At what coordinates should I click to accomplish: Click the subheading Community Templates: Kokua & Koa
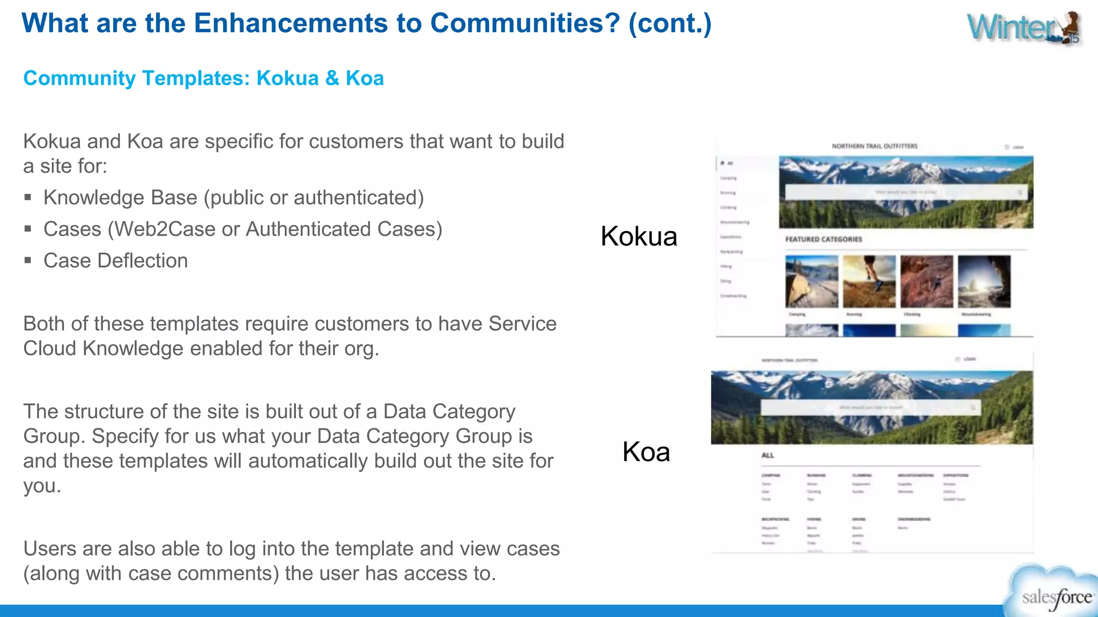tap(203, 78)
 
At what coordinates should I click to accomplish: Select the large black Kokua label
tap(639, 236)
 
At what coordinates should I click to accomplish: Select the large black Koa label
tap(646, 452)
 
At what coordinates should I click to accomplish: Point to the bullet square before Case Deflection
tap(28, 261)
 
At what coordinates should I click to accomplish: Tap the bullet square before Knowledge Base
tap(28, 198)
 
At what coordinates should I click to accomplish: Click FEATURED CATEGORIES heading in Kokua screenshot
tap(823, 239)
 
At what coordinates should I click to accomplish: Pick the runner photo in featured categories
tap(869, 281)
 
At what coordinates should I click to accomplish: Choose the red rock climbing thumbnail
tap(926, 281)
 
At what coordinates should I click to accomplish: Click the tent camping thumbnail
tap(812, 281)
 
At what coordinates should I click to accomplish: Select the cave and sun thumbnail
tap(984, 281)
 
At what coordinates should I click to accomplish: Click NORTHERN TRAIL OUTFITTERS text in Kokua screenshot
tap(874, 146)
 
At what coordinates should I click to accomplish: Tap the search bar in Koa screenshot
tap(870, 408)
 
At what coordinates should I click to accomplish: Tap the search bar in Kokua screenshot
tap(906, 192)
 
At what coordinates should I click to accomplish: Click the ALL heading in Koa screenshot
tap(768, 455)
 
